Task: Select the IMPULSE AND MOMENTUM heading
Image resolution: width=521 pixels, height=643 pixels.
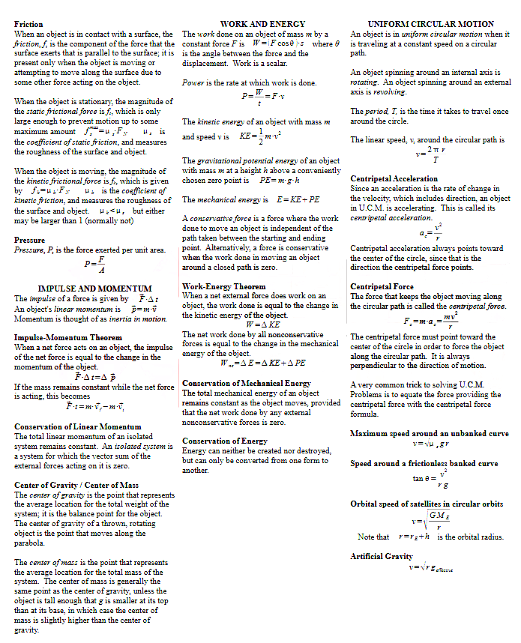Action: point(94,289)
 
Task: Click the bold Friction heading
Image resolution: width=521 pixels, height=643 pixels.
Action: point(28,25)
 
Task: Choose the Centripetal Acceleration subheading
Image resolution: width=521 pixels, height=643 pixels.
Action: point(394,179)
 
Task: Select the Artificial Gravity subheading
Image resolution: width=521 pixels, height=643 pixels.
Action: point(381,557)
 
